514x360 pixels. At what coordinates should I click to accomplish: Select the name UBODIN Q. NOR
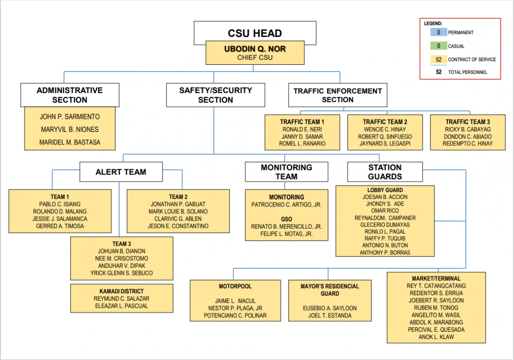(255, 49)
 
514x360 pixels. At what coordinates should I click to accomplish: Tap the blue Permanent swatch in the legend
(438, 32)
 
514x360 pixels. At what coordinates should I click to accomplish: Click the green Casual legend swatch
(438, 46)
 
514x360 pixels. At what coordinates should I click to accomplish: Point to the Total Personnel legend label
(468, 72)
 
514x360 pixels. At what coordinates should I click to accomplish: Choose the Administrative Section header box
(70, 95)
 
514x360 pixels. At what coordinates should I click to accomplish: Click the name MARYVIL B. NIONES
(70, 130)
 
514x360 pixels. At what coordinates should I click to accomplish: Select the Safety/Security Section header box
(216, 95)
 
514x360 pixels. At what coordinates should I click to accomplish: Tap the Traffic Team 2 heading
(385, 122)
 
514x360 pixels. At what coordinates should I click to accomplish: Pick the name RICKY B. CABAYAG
(468, 130)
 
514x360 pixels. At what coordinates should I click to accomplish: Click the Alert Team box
(121, 172)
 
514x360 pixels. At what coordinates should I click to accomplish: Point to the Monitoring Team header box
(287, 172)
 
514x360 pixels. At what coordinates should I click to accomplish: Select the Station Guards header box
(385, 172)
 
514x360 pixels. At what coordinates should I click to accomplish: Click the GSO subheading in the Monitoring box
(287, 219)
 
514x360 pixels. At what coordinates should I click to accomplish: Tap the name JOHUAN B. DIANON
(122, 251)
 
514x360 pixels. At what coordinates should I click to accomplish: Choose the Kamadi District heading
(122, 291)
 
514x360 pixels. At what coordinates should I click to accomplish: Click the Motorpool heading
(235, 286)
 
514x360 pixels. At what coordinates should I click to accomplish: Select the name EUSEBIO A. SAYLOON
(330, 308)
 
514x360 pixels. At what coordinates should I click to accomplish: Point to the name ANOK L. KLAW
(436, 337)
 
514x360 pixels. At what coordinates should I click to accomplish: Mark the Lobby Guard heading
(385, 190)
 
